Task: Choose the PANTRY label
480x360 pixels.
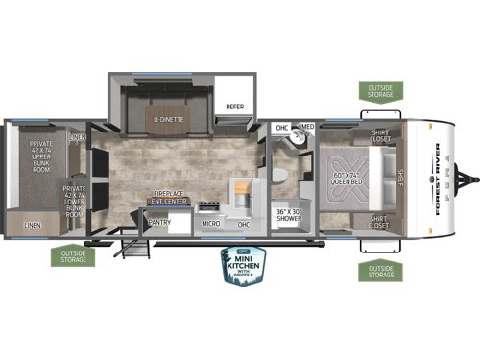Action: coord(158,222)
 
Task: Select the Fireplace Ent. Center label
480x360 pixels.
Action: coord(167,198)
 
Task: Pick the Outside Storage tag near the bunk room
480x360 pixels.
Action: coord(70,256)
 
